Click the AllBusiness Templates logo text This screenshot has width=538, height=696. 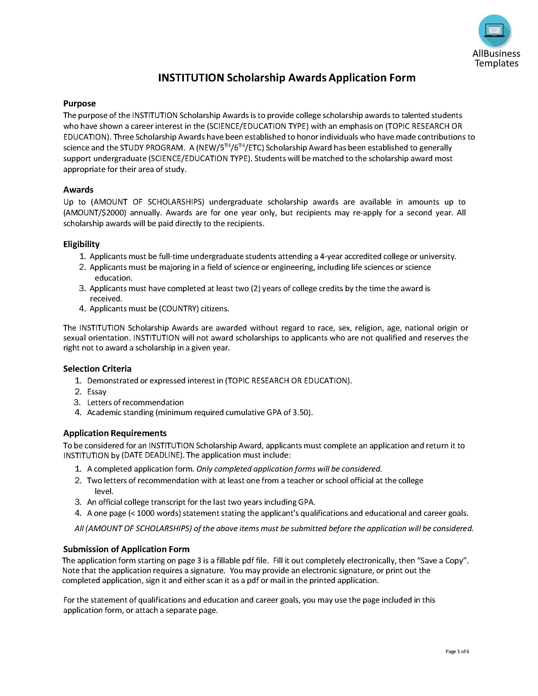click(x=496, y=58)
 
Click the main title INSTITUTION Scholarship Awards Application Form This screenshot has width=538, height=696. click(x=287, y=78)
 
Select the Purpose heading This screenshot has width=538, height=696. click(x=79, y=104)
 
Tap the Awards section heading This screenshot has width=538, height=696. click(x=78, y=190)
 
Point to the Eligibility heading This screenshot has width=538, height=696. click(x=81, y=244)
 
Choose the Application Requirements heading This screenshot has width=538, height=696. click(x=115, y=433)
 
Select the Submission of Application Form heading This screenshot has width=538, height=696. click(x=126, y=549)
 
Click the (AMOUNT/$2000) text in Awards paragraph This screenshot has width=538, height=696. click(x=95, y=213)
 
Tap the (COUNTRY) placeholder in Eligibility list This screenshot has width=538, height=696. click(x=179, y=308)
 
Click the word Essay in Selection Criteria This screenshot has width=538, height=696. click(x=96, y=392)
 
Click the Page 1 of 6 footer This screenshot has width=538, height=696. click(x=457, y=651)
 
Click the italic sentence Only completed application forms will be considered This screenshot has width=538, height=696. click(x=289, y=469)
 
